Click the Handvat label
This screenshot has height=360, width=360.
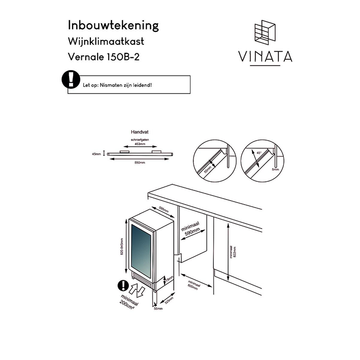click(x=139, y=132)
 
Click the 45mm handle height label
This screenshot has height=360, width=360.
click(x=96, y=153)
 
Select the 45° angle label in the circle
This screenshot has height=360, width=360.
click(x=259, y=153)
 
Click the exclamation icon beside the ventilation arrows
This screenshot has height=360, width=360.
click(x=122, y=287)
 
